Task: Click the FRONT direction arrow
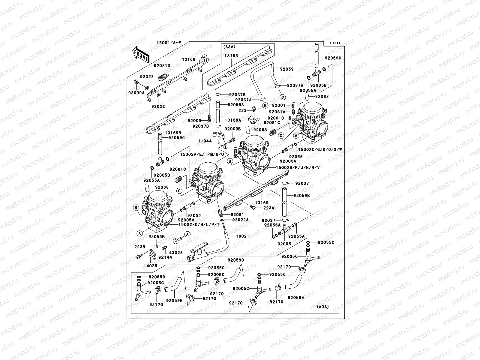141,54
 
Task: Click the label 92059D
236,260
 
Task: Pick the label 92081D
162,66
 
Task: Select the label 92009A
137,93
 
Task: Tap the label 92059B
301,196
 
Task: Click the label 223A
268,208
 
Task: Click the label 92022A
240,220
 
